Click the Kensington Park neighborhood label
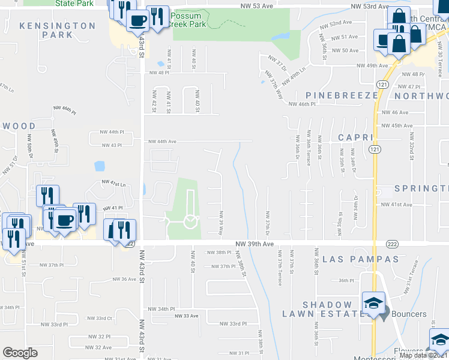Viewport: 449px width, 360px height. pyautogui.click(x=57, y=30)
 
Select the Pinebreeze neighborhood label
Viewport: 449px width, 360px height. pyautogui.click(x=342, y=95)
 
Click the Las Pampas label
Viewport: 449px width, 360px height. pyautogui.click(x=360, y=259)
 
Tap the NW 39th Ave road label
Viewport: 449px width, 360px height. pyautogui.click(x=255, y=244)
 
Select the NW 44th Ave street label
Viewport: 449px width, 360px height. pyautogui.click(x=163, y=142)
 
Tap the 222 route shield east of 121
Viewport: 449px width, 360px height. pyautogui.click(x=390, y=244)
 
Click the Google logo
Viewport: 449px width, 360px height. pyautogui.click(x=20, y=353)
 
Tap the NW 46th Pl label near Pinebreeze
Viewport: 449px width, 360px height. pyautogui.click(x=302, y=104)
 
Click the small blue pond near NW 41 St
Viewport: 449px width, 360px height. pyautogui.click(x=160, y=63)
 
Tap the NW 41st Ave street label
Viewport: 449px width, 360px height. pyautogui.click(x=396, y=205)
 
